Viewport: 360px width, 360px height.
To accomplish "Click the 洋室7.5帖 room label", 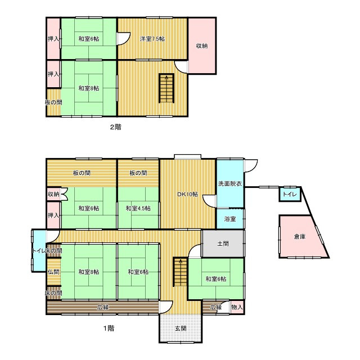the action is (x=152, y=39).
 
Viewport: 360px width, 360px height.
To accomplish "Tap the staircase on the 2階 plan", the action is (x=166, y=88).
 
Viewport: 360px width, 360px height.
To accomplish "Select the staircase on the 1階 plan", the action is (x=180, y=272).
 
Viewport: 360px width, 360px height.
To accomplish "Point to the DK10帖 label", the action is (x=187, y=194).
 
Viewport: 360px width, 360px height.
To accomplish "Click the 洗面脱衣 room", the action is (x=230, y=183).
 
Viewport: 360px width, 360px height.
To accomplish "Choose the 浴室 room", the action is (x=230, y=219).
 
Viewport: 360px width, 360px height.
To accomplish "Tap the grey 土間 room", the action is (x=223, y=244).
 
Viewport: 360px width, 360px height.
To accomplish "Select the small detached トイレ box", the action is (x=290, y=194).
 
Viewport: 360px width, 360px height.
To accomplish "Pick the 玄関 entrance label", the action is (x=181, y=328).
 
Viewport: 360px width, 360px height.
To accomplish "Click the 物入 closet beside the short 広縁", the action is (x=237, y=307).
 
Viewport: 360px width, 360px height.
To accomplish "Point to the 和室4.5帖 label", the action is (x=138, y=209).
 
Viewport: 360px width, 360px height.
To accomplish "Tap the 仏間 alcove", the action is (x=54, y=272).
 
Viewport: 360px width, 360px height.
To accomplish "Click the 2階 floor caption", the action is (x=116, y=127).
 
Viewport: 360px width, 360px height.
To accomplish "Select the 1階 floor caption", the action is (x=109, y=328).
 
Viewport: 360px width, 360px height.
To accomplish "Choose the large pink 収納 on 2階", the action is (x=202, y=46).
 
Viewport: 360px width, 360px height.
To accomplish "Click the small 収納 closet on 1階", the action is (x=54, y=194).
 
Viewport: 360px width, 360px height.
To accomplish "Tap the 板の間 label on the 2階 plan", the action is (x=53, y=102).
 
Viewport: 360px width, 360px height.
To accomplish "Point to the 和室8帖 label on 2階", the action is (x=89, y=88).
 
